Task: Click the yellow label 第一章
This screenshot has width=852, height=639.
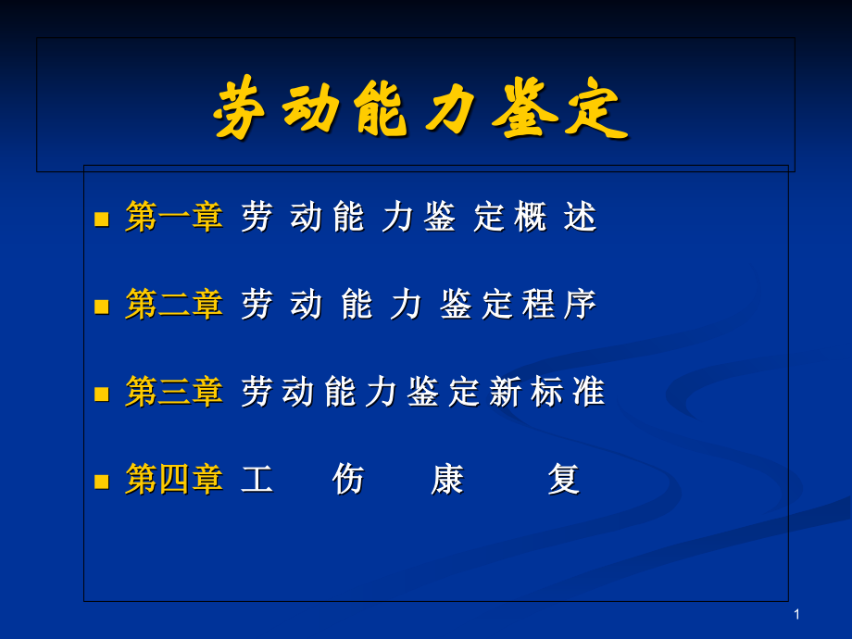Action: click(x=174, y=218)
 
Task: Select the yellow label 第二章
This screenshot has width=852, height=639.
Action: click(x=174, y=305)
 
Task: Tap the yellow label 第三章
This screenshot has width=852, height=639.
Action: click(x=174, y=393)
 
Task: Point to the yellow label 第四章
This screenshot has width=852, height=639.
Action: click(x=174, y=480)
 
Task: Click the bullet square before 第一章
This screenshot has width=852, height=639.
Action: click(x=102, y=219)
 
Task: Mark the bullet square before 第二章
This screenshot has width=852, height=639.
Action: click(x=102, y=307)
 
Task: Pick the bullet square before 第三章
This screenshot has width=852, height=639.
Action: click(x=102, y=395)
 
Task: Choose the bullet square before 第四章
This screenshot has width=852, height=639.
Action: click(x=102, y=482)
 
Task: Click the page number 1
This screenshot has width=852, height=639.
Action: click(x=796, y=615)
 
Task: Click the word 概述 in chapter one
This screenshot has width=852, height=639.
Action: click(x=556, y=218)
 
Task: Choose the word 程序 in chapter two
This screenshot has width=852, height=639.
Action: click(x=559, y=305)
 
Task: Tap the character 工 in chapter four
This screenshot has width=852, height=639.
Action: click(x=257, y=480)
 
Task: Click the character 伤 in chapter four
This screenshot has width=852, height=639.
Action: click(x=348, y=480)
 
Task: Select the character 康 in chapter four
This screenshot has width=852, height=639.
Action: click(x=447, y=480)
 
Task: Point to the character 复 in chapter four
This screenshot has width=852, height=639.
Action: click(x=563, y=480)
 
